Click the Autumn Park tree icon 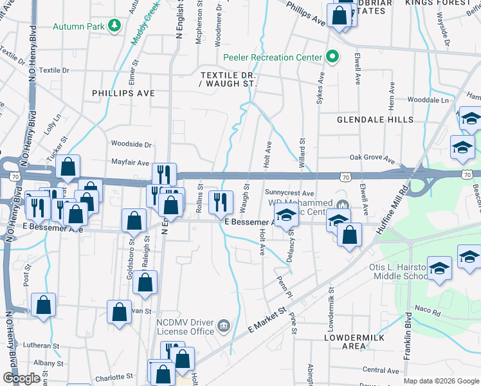tap(114, 26)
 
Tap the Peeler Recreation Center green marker tap(332, 57)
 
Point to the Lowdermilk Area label tap(346, 341)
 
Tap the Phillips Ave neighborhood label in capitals tap(123, 93)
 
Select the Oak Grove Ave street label tap(371, 156)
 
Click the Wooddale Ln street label tap(428, 100)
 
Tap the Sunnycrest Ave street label tap(289, 192)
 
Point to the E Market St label tap(267, 319)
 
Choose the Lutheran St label tap(41, 345)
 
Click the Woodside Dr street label tap(131, 145)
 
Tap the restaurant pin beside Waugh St tap(221, 201)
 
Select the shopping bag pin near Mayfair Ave tap(68, 167)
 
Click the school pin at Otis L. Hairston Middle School tap(439, 270)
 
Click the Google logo tap(22, 378)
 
